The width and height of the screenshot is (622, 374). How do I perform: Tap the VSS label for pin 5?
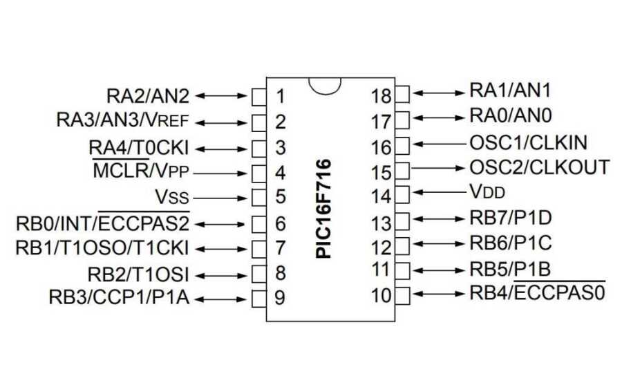171,197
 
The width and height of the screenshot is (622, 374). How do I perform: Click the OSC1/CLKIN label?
528,143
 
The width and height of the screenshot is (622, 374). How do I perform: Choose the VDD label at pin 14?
493,192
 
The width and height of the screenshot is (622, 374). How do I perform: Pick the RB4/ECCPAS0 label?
537,293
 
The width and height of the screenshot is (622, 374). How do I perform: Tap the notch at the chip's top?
325,84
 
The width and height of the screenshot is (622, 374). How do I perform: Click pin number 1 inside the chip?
280,95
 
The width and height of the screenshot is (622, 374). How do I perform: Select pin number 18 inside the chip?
381,95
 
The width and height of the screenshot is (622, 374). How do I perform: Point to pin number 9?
280,298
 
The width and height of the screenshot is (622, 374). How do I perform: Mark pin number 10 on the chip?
381,296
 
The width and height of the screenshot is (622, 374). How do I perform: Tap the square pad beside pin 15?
402,168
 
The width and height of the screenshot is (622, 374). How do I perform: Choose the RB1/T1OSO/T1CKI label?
102,247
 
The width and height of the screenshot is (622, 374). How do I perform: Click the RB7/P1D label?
511,218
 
